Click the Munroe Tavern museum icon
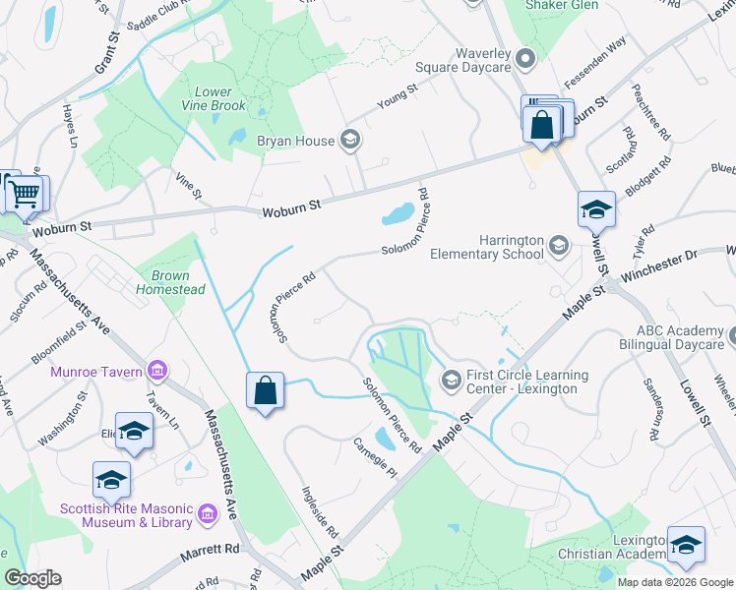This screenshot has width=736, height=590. pyautogui.click(x=156, y=371)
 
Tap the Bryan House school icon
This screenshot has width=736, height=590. pyautogui.click(x=349, y=141)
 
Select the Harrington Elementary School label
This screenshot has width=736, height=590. pyautogui.click(x=487, y=247)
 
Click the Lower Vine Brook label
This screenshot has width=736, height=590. pyautogui.click(x=214, y=98)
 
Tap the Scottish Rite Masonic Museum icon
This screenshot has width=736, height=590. pyautogui.click(x=208, y=513)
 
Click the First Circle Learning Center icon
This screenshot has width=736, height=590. pyautogui.click(x=452, y=379)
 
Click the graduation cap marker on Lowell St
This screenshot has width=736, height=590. pyautogui.click(x=596, y=209)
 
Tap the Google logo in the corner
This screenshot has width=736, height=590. pyautogui.click(x=32, y=578)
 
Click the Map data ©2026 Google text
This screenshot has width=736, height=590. pyautogui.click(x=674, y=582)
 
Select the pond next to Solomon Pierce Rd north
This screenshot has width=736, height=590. pyautogui.click(x=398, y=212)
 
